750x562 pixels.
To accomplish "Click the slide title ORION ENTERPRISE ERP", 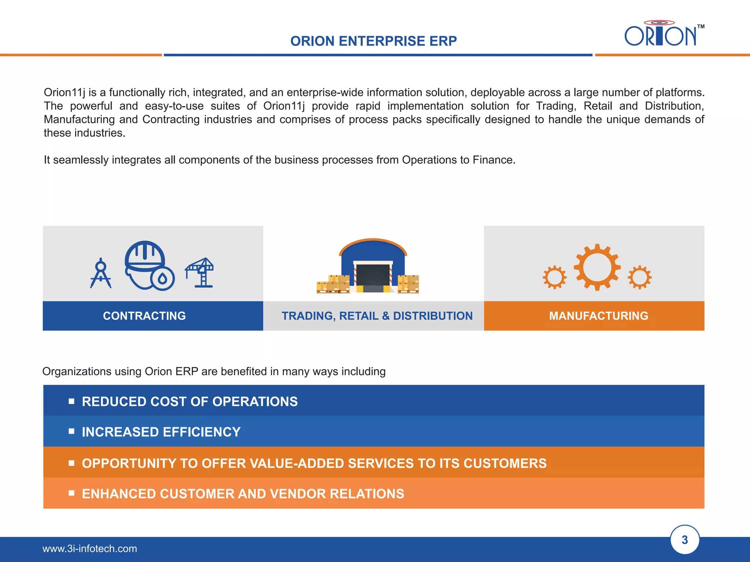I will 373,41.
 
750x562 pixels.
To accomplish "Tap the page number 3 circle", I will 684,540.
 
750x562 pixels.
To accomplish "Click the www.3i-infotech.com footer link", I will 90,548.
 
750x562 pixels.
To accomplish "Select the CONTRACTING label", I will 144,316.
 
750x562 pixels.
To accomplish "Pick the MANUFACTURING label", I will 598,316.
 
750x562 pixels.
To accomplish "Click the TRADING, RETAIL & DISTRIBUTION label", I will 377,316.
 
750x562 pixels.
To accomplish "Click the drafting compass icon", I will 101,274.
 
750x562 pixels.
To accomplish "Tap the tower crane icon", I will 200,273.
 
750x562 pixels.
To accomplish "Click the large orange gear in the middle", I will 597,267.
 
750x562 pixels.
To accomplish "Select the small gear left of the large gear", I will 554,277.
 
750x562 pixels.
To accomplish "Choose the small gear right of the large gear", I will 639,277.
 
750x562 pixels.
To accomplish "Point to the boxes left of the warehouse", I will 333,284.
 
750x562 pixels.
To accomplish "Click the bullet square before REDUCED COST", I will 71,401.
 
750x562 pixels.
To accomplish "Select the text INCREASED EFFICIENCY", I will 161,432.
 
